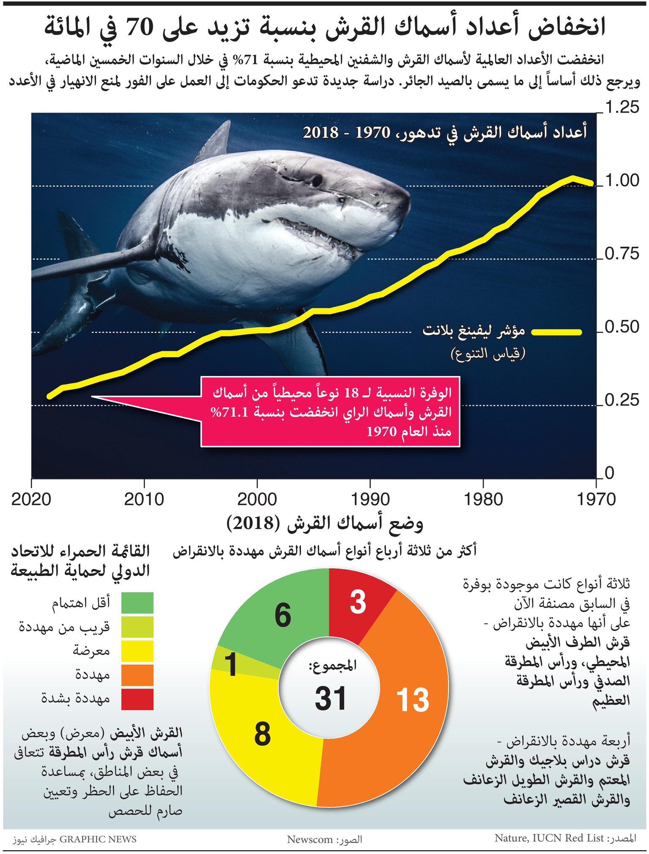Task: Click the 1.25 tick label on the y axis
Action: (622, 107)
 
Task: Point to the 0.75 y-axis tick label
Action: (622, 254)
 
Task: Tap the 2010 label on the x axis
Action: (144, 499)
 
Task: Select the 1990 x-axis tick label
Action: (370, 499)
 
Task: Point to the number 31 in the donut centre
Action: (331, 698)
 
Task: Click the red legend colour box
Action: (137, 699)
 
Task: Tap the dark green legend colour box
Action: (137, 603)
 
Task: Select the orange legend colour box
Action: (137, 675)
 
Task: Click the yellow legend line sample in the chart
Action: (556, 332)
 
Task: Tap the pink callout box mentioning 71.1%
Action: (330, 411)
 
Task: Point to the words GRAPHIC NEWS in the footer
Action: (98, 839)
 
